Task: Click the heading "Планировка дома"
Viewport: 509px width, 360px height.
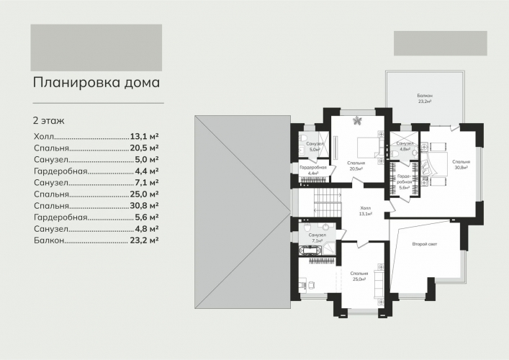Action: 96,83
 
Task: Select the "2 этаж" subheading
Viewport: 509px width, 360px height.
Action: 49,121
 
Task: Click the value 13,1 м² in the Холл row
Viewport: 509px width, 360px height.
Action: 144,136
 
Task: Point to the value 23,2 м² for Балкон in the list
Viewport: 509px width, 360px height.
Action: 144,240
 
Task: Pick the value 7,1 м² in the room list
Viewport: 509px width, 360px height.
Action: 147,182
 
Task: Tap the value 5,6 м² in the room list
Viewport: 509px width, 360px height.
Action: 147,217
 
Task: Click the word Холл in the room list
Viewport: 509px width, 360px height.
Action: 44,136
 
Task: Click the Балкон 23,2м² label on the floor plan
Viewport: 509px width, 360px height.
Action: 425,99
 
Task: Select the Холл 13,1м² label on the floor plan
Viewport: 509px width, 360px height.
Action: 366,211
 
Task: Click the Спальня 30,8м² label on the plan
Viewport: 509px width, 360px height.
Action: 461,165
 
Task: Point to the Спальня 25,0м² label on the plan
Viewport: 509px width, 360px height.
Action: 359,276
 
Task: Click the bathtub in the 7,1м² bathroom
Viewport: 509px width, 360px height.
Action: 310,251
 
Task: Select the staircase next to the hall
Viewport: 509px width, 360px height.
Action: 328,203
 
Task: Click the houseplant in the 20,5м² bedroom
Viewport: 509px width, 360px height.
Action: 358,121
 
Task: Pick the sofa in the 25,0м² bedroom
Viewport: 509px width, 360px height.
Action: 379,284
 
